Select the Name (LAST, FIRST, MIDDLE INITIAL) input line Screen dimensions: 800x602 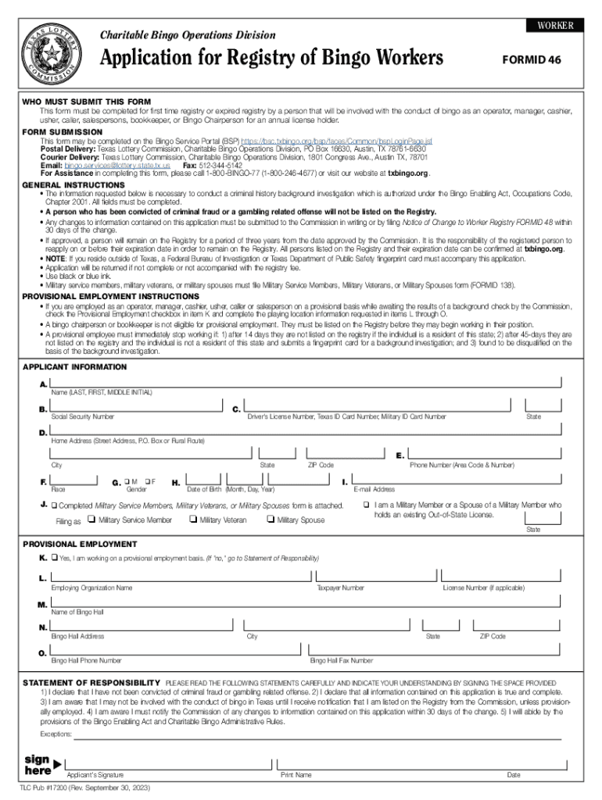click(x=305, y=381)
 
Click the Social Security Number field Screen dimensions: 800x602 click(x=137, y=407)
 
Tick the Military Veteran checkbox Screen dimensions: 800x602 click(x=193, y=520)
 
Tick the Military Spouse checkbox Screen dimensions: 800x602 click(x=271, y=520)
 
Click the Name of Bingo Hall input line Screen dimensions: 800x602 click(x=305, y=602)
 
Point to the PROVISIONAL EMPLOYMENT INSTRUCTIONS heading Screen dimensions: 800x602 click(x=110, y=298)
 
